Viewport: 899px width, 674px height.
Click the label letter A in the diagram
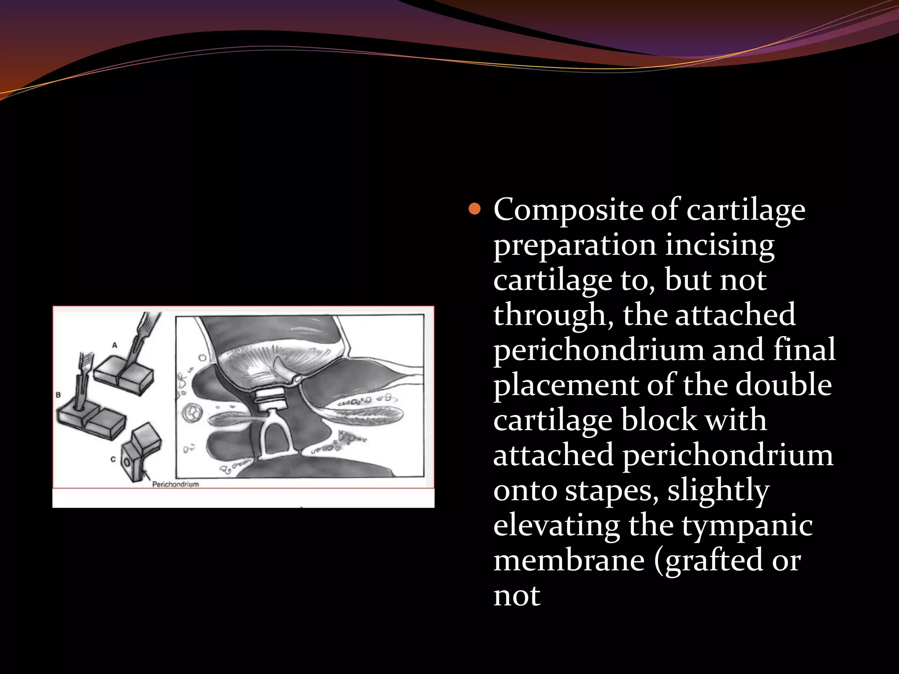coord(115,345)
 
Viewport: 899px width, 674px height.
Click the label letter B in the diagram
coord(58,395)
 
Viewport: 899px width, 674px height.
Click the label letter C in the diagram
coord(113,459)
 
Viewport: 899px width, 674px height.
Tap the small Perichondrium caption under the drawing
coord(175,484)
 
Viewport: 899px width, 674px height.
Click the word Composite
coord(568,210)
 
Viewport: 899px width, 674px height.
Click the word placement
coord(566,385)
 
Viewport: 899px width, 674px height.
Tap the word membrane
coord(569,560)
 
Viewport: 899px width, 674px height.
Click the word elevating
coord(556,525)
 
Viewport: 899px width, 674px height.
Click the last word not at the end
coord(516,596)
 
